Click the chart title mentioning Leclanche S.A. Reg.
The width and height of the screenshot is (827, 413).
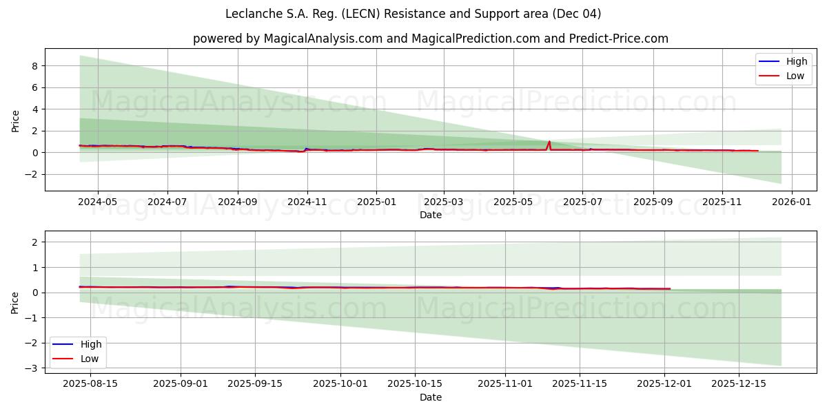click(x=413, y=14)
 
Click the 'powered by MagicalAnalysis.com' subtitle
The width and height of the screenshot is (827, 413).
click(x=430, y=39)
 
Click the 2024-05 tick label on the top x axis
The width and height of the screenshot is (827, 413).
click(x=97, y=203)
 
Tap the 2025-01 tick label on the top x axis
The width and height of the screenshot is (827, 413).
click(x=376, y=203)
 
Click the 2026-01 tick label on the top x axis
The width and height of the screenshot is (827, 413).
click(x=792, y=203)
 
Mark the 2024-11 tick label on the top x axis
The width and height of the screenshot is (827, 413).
click(x=307, y=203)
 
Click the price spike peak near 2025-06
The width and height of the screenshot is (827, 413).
click(x=549, y=142)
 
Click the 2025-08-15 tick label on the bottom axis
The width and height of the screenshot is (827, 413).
click(x=90, y=384)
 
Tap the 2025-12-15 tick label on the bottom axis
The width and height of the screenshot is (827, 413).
click(x=739, y=384)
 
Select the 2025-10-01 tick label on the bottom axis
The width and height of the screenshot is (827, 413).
click(x=340, y=384)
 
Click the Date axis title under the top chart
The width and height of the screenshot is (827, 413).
click(x=431, y=215)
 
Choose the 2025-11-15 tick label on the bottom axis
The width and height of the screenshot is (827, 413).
click(x=579, y=384)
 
